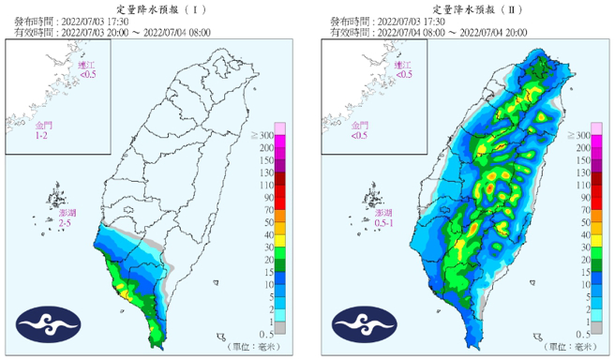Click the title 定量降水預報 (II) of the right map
pyautogui.click(x=466, y=7)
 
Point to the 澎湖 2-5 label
pyautogui.click(x=66, y=218)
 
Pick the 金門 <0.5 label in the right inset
pyautogui.click(x=360, y=130)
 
